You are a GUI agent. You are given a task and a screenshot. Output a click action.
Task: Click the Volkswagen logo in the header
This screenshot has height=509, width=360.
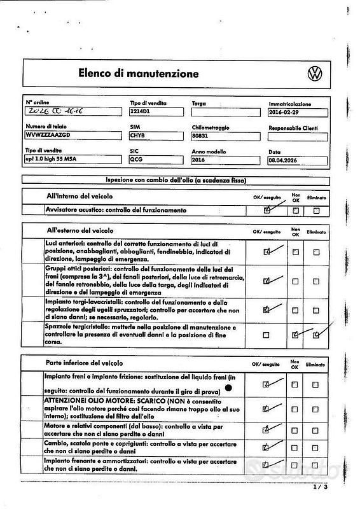point(315,73)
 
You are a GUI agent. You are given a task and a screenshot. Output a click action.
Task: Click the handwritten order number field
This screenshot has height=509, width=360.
point(70,112)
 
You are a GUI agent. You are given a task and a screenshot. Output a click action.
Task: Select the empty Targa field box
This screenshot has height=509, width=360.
point(226,112)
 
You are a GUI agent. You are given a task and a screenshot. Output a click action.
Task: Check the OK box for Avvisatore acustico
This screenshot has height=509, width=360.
point(267,211)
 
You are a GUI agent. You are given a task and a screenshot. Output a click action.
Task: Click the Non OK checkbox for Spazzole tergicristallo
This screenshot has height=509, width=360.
point(295,335)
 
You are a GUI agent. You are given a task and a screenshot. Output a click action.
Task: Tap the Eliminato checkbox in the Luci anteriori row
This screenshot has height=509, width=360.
point(316,252)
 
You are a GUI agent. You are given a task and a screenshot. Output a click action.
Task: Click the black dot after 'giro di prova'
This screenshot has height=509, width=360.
point(228,387)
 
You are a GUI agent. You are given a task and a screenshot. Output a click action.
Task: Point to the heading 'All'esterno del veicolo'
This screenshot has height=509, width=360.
point(80,230)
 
